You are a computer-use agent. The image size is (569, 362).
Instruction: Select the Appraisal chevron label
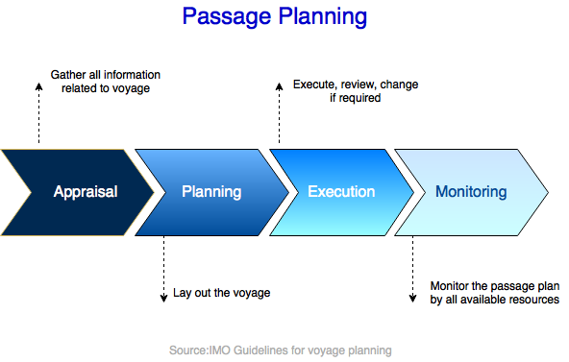point(86,192)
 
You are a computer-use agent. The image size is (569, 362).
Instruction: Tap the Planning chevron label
point(211,192)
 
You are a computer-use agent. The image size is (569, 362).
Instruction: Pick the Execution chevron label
point(341,192)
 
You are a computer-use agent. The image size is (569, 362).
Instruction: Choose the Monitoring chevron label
point(471,192)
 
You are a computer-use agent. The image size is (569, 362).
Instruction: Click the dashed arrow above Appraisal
point(39,113)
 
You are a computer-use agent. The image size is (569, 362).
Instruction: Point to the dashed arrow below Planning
point(163,269)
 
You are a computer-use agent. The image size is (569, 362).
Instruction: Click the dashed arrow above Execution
point(280,113)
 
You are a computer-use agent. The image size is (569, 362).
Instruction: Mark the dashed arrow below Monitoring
point(413,269)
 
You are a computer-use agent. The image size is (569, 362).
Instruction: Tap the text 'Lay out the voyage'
point(221,293)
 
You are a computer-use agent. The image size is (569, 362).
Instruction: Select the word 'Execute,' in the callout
point(317,84)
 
